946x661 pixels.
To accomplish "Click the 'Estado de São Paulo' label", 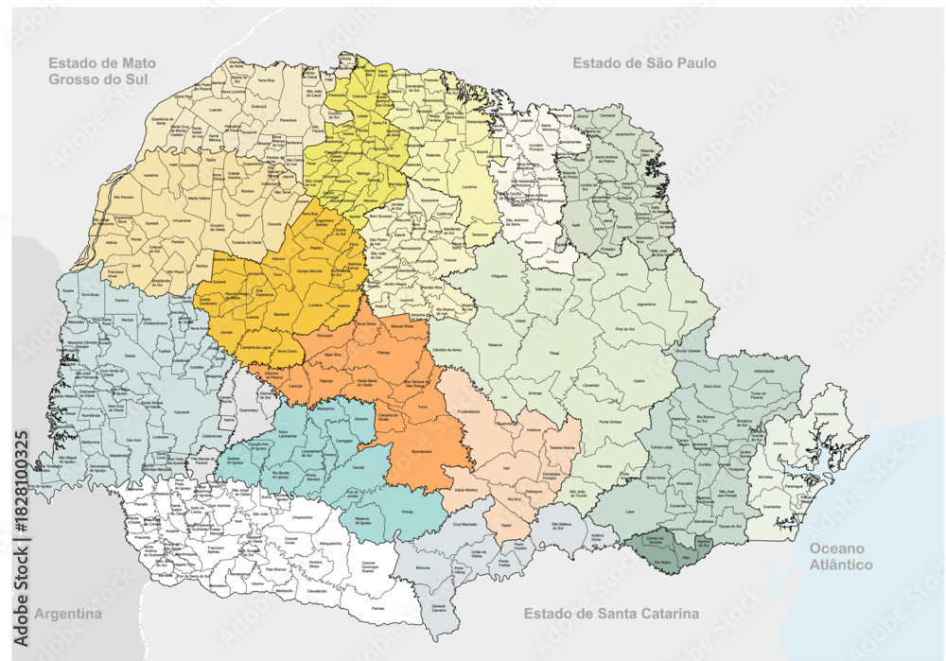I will [643, 63].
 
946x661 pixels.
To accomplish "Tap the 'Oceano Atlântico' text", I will [841, 556].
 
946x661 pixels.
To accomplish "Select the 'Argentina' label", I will [67, 614].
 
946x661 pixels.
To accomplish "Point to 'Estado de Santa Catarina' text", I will [611, 614].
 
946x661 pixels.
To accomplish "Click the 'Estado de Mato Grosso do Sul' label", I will [102, 71].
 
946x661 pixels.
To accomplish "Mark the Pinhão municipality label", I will [409, 510].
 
